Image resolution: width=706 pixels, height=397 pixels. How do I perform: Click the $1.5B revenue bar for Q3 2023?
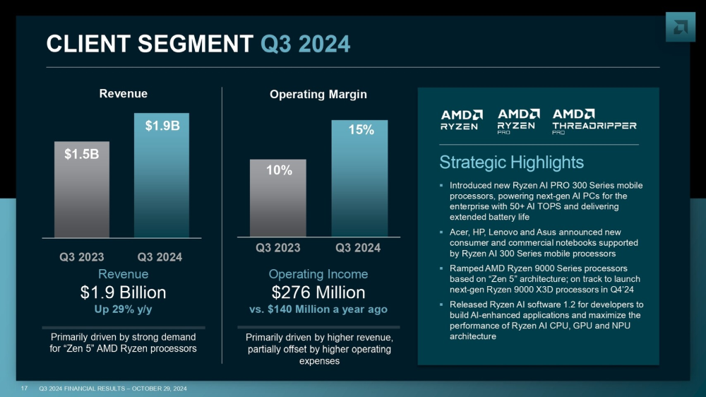click(x=82, y=189)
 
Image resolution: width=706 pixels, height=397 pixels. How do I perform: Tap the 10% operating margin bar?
click(x=277, y=197)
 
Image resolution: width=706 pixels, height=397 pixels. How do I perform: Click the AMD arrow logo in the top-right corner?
click(x=680, y=26)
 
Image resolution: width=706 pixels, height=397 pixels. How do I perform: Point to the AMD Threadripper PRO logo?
click(x=594, y=121)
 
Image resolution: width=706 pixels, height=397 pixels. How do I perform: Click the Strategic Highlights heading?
click(x=511, y=162)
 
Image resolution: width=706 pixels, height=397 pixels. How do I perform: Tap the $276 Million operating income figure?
click(x=318, y=292)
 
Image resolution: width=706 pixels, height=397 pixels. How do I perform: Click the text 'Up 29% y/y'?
click(x=123, y=309)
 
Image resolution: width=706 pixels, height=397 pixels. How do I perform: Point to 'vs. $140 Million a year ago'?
click(x=318, y=309)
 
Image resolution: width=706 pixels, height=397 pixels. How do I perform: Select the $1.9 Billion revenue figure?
click(x=123, y=292)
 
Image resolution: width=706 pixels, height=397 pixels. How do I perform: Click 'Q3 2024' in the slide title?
click(x=305, y=45)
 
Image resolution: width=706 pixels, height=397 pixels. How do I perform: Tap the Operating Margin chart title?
click(x=318, y=94)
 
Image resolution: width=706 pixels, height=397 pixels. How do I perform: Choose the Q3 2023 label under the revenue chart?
click(x=82, y=257)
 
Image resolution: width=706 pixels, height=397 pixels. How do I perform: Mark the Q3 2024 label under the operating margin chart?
click(x=358, y=247)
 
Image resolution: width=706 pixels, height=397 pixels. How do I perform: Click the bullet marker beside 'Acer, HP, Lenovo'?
click(x=441, y=232)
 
